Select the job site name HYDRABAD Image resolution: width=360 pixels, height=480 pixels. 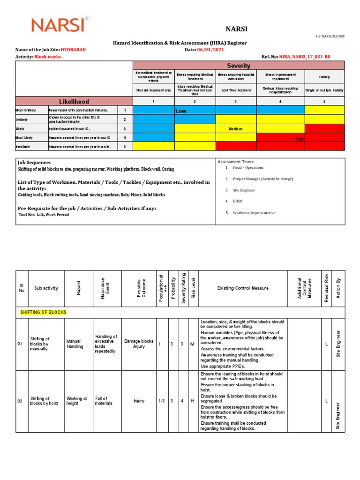pyautogui.click(x=73, y=50)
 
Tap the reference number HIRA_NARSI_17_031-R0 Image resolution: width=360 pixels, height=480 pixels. pyautogui.click(x=305, y=57)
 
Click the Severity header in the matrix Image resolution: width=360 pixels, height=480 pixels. pyautogui.click(x=239, y=66)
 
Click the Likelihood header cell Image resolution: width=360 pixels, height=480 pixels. pyautogui.click(x=74, y=101)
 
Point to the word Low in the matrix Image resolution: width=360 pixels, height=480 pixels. pyautogui.click(x=181, y=111)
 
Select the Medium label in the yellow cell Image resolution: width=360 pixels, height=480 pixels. pyautogui.click(x=236, y=128)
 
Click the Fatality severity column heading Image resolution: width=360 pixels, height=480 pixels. pyautogui.click(x=324, y=76)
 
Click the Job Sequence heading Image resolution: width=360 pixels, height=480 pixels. pyautogui.click(x=34, y=162)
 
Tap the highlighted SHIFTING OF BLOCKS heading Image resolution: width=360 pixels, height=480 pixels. pyautogui.click(x=43, y=312)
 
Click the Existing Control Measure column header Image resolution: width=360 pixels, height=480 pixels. pyautogui.click(x=243, y=288)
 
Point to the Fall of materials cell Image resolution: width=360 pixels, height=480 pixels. pyautogui.click(x=104, y=401)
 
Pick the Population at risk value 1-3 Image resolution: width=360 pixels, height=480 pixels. pyautogui.click(x=161, y=401)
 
